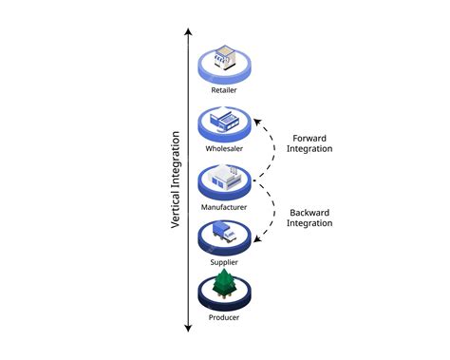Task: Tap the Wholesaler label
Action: click(225, 149)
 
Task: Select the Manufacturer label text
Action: click(225, 206)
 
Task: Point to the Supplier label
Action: click(225, 261)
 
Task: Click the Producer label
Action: click(225, 317)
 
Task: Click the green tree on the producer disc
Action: click(225, 283)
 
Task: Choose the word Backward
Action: click(309, 211)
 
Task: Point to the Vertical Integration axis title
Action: click(177, 180)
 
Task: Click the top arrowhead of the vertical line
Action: click(188, 31)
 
